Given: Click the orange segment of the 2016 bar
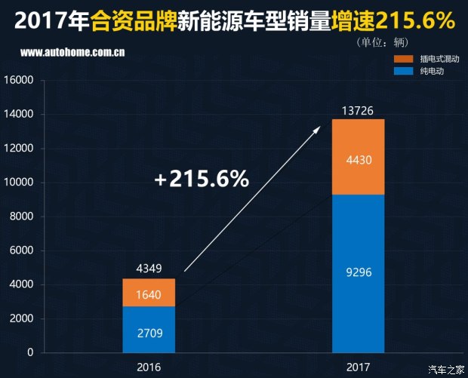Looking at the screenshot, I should coord(149,293).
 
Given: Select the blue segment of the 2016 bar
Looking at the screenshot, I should coord(149,330).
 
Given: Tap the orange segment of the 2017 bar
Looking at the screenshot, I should coord(357,157).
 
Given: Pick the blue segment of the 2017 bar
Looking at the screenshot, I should coord(357,273).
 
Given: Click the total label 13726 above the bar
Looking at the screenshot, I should coord(357,110).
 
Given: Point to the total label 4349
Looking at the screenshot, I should coord(149,268).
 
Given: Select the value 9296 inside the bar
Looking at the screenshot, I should coord(357,273).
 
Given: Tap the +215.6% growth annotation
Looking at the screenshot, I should coord(201,180).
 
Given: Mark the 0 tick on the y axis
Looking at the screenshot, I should coord(31,352).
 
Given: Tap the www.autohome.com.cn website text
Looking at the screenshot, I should coord(73,54).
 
